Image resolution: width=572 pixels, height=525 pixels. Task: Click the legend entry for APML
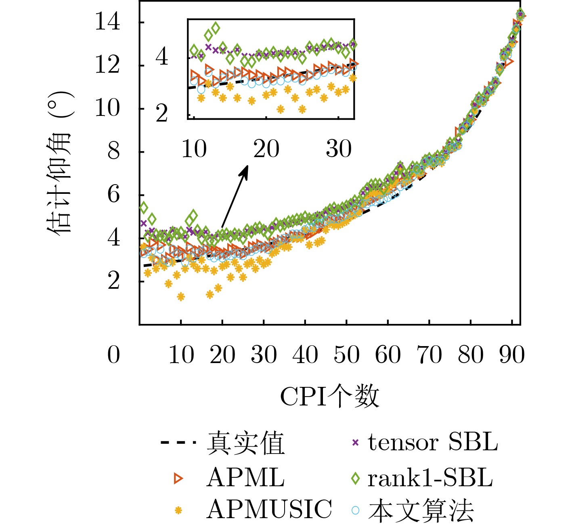[245, 478]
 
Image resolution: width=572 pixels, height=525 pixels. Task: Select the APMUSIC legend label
[269, 510]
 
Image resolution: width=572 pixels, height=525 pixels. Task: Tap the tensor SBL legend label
[433, 443]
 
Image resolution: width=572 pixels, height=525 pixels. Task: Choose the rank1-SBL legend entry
[430, 478]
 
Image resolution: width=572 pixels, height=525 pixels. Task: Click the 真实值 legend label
[246, 443]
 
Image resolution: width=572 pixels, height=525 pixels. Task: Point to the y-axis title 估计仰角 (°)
[60, 164]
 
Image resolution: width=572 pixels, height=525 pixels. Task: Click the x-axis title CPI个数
[329, 396]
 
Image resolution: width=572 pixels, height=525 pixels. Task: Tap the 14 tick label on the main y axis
[107, 22]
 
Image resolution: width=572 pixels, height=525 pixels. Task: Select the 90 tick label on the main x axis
[512, 355]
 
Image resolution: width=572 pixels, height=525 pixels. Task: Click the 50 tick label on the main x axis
[346, 355]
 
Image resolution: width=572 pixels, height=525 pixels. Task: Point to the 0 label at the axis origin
[113, 355]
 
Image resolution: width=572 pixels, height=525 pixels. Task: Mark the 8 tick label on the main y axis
[113, 152]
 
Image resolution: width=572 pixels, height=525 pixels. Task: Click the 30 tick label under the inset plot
[339, 149]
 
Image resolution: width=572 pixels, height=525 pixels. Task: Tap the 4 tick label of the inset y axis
[162, 57]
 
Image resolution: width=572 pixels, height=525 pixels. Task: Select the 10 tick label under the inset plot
[194, 149]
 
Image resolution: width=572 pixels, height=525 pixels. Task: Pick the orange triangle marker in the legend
[178, 479]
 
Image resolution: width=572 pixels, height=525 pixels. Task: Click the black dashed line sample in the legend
[178, 443]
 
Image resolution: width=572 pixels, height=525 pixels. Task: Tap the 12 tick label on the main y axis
[107, 65]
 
